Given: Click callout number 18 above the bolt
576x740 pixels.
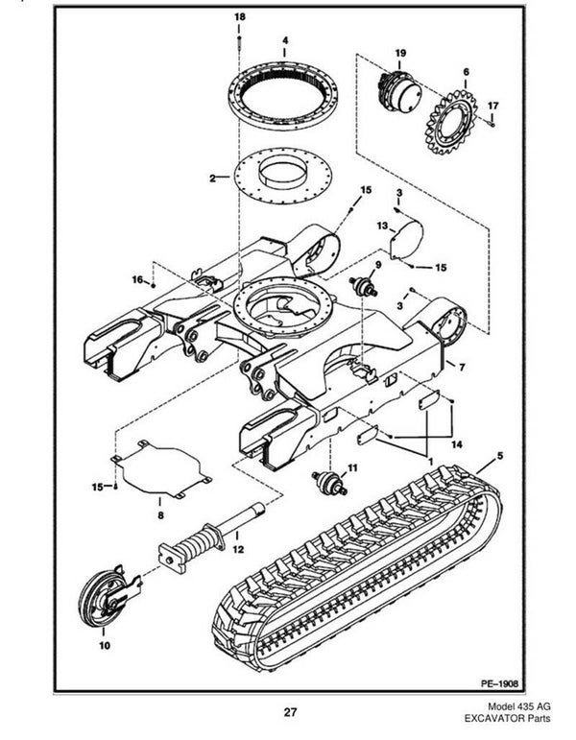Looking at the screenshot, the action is point(240,17).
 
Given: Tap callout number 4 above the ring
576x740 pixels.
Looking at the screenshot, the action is point(285,40).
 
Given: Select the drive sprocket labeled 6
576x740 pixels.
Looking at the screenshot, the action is point(451,123).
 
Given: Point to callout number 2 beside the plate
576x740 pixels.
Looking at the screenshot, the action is point(212,179).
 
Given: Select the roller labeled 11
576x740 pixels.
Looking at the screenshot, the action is point(329,484).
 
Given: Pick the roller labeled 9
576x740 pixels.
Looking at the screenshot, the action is point(364,287).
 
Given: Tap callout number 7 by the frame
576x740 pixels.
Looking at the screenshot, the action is point(462,368).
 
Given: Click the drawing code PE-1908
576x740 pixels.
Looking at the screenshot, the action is point(499,683).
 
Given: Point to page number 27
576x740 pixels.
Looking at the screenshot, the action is point(290,711).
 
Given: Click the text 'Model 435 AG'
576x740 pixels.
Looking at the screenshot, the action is point(518,706).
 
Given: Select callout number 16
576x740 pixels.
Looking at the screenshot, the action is point(137,280).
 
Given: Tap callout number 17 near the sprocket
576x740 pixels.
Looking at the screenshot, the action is point(492,106).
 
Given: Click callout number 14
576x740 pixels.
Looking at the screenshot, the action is point(457,444).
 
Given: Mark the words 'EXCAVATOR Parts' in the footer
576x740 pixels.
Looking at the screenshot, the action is point(508,719).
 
